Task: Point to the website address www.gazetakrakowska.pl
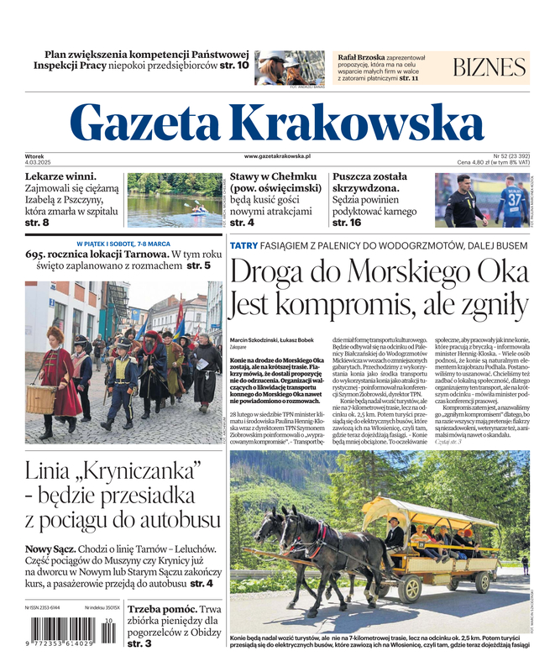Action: [277, 156]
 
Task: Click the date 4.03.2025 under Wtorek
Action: [39, 163]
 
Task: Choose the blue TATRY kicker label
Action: [243, 245]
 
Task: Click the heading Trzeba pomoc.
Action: [163, 609]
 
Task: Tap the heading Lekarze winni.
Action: [60, 177]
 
